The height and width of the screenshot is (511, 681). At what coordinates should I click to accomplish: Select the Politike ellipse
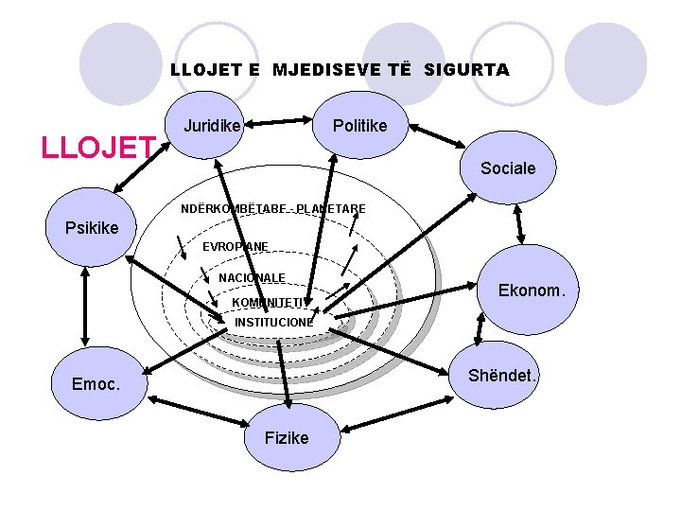coord(359,125)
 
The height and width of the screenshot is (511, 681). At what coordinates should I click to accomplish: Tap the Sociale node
coord(508,167)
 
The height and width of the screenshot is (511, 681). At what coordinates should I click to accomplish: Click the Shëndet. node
coord(502,376)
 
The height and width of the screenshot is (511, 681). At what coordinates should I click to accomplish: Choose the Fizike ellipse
coord(287,437)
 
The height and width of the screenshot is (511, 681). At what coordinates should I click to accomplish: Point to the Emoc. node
coord(96,383)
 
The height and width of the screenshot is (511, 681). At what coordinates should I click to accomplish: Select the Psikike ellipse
coord(92,227)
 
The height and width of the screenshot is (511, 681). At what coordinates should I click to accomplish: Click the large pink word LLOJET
coord(97,148)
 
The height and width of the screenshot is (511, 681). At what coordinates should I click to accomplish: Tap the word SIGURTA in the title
coord(466,69)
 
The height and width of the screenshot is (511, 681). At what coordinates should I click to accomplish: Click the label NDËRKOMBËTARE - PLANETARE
coord(272,208)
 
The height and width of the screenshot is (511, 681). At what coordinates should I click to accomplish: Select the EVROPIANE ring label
coord(236,246)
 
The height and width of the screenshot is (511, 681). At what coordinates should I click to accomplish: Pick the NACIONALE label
coord(252,277)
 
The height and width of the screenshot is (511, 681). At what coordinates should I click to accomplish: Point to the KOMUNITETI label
coord(269,302)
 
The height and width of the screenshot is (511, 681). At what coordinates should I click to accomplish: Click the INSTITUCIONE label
coord(273,322)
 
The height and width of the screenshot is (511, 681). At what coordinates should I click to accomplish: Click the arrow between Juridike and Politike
coord(280,122)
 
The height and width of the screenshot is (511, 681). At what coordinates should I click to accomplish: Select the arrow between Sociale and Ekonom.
coord(519,223)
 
